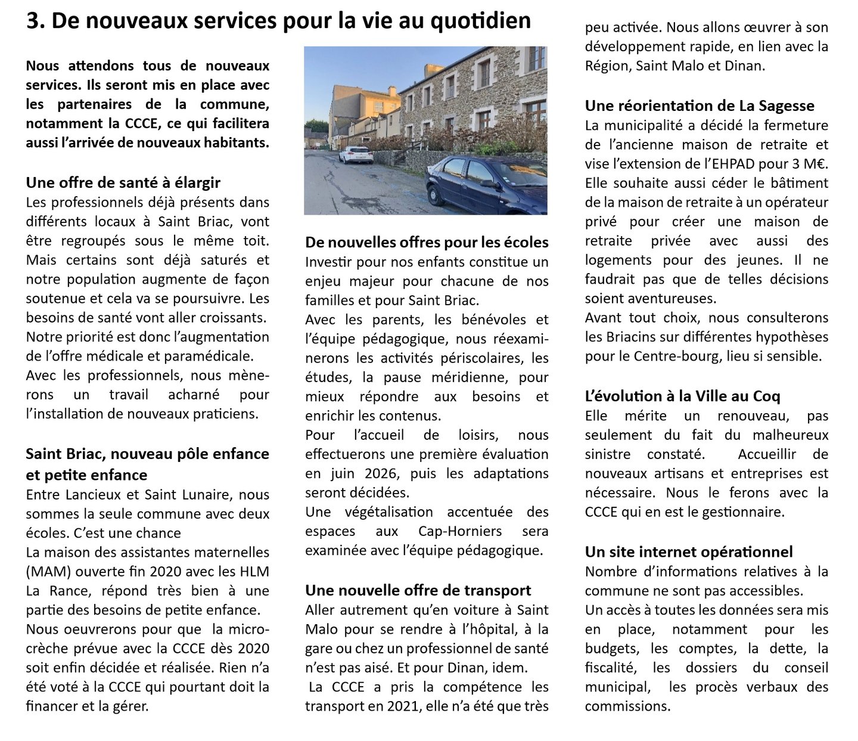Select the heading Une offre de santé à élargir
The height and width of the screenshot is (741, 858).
click(123, 182)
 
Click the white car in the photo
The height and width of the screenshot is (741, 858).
click(356, 154)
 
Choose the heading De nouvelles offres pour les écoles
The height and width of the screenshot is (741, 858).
click(427, 242)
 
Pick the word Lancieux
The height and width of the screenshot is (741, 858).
click(98, 495)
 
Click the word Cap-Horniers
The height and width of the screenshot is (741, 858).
click(459, 531)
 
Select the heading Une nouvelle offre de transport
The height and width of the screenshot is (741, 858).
click(418, 590)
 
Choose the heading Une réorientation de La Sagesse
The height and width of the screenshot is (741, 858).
click(700, 106)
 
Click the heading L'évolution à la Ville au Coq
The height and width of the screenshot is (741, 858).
click(682, 396)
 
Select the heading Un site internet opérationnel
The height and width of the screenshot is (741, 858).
click(689, 551)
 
